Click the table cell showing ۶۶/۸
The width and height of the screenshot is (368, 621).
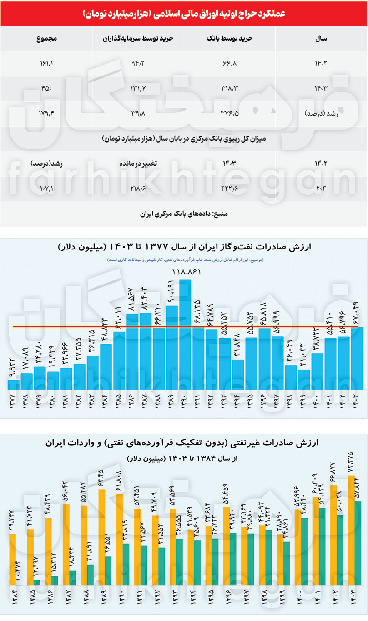(229, 63)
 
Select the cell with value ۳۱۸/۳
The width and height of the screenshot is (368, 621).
(229, 88)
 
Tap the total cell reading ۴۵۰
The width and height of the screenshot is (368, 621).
(46, 88)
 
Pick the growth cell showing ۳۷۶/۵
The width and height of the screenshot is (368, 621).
(229, 113)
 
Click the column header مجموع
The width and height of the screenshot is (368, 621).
(46, 39)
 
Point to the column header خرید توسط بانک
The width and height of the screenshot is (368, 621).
(229, 39)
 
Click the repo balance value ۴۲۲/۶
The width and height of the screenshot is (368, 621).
(229, 188)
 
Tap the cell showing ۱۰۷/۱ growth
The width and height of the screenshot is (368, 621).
(46, 188)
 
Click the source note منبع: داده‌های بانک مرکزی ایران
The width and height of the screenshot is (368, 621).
(184, 213)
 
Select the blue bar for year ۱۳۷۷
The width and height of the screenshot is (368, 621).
(14, 385)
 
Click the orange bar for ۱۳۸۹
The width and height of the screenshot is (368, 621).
(102, 537)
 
